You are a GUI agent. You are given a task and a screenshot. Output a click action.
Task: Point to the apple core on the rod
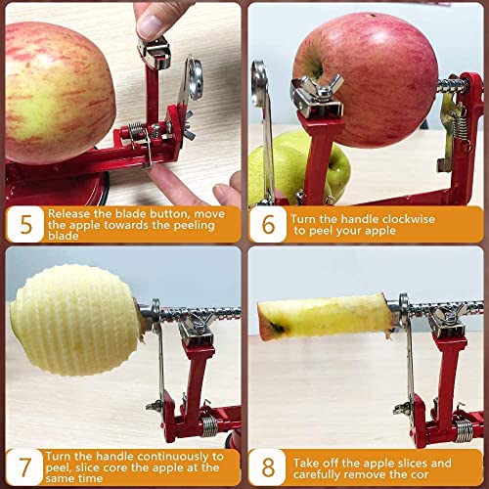click(328, 315)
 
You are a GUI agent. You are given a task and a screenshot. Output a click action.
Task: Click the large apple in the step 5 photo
click(59, 93)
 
